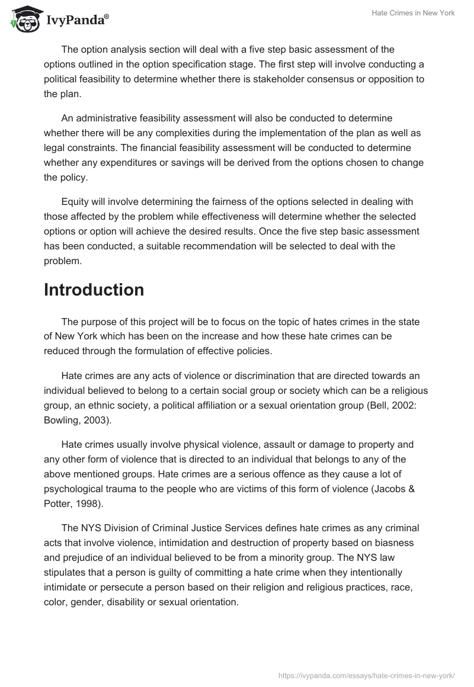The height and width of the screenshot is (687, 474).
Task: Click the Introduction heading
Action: [94, 290]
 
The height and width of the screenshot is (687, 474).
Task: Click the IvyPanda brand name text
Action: [77, 21]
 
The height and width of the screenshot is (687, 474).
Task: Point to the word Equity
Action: [75, 203]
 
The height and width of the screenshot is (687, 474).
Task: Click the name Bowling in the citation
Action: [63, 419]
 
